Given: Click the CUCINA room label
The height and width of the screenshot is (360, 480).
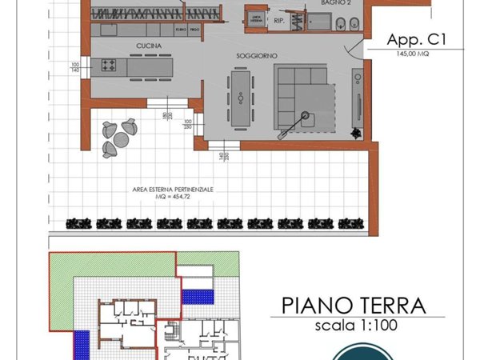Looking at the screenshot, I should [x=150, y=46].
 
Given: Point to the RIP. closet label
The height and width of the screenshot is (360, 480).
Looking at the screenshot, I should [x=280, y=22].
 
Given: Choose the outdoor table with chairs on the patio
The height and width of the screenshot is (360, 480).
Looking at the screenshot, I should [x=118, y=136].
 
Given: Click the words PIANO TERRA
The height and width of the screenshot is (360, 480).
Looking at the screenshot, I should [x=352, y=306].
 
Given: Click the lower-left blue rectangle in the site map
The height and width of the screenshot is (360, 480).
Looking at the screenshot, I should [x=80, y=342].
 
